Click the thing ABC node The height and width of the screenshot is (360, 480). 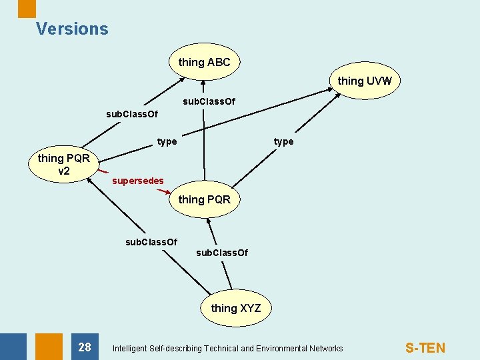pyautogui.click(x=204, y=63)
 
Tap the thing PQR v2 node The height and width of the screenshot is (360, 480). pyautogui.click(x=64, y=165)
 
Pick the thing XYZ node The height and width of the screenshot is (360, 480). pyautogui.click(x=235, y=308)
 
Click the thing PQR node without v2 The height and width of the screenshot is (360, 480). pyautogui.click(x=204, y=199)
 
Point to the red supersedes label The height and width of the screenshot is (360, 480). pyautogui.click(x=137, y=181)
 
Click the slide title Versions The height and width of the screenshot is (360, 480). pyautogui.click(x=72, y=29)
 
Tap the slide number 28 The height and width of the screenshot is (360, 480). pyautogui.click(x=85, y=347)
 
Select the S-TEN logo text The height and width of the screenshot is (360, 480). pyautogui.click(x=425, y=348)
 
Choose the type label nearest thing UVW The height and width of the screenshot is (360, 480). pyautogui.click(x=283, y=141)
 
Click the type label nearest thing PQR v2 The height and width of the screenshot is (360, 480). pyautogui.click(x=167, y=141)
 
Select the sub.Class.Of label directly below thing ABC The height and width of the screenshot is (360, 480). pyautogui.click(x=209, y=102)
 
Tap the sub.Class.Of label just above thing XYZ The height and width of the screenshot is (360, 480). pyautogui.click(x=222, y=253)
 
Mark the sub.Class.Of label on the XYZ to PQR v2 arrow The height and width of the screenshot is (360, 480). pyautogui.click(x=151, y=242)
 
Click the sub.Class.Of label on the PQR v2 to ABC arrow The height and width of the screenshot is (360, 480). pyautogui.click(x=132, y=114)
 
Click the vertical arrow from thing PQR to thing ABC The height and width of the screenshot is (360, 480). pyautogui.click(x=203, y=133)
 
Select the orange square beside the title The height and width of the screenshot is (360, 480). pyautogui.click(x=27, y=8)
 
